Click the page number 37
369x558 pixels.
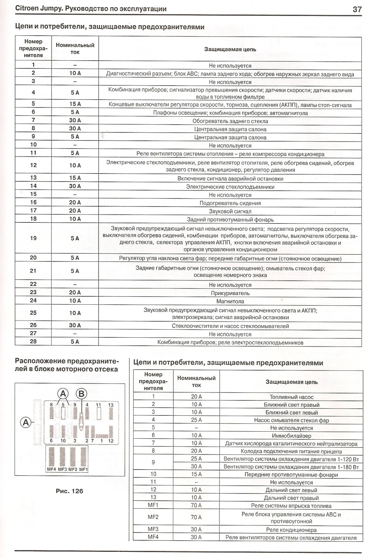coord(357,9)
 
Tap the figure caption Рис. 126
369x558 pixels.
coord(70,491)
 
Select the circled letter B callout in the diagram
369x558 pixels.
coord(81,394)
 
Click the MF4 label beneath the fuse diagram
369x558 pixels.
coord(51,470)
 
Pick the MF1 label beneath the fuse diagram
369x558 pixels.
coord(83,470)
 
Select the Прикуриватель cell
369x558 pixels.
coord(230,293)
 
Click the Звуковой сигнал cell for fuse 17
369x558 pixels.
coord(230,211)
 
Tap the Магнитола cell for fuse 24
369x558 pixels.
coord(230,301)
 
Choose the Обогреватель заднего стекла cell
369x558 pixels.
coord(230,121)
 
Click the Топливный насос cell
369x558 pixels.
coord(291,397)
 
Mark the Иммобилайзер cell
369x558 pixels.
coord(291,436)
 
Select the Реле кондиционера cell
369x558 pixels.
coord(291,530)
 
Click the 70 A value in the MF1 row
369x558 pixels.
coord(196,505)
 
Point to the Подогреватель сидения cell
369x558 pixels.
coord(230,203)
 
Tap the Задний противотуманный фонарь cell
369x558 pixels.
coord(230,219)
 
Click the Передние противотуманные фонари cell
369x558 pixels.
coord(291,474)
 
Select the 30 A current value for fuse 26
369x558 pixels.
coord(75,325)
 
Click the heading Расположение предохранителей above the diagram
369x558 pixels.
coord(66,365)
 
